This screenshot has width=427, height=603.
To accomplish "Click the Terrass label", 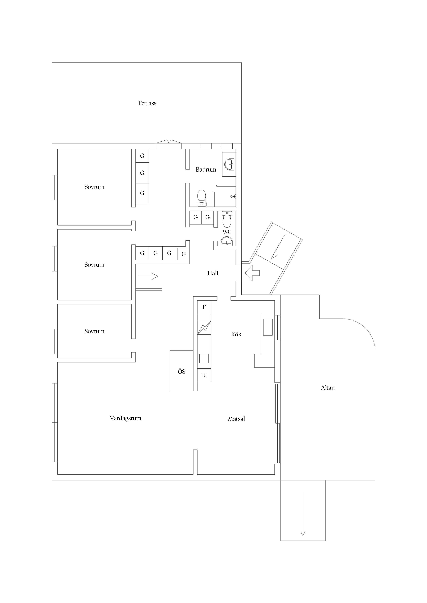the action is point(147,103).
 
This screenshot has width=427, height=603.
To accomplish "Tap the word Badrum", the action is point(206,170).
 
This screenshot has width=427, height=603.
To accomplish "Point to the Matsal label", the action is point(236,419).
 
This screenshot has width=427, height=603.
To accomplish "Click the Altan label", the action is point(328,388).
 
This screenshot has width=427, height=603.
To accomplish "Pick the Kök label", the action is point(236,334).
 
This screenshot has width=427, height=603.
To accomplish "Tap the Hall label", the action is point(213,273).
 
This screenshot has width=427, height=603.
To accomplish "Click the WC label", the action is point(227,232).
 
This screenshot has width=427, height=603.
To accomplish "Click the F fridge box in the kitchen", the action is point(204,307).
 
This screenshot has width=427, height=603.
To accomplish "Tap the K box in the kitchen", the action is point(204,376).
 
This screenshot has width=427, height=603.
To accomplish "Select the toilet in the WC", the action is point(227,219).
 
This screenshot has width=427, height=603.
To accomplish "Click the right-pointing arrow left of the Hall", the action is point(148,276).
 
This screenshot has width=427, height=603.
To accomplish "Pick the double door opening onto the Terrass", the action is point(169,142).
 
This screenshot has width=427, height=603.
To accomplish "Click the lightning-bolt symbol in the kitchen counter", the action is point(204,328).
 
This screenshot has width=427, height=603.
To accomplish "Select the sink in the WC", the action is point(227,241).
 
